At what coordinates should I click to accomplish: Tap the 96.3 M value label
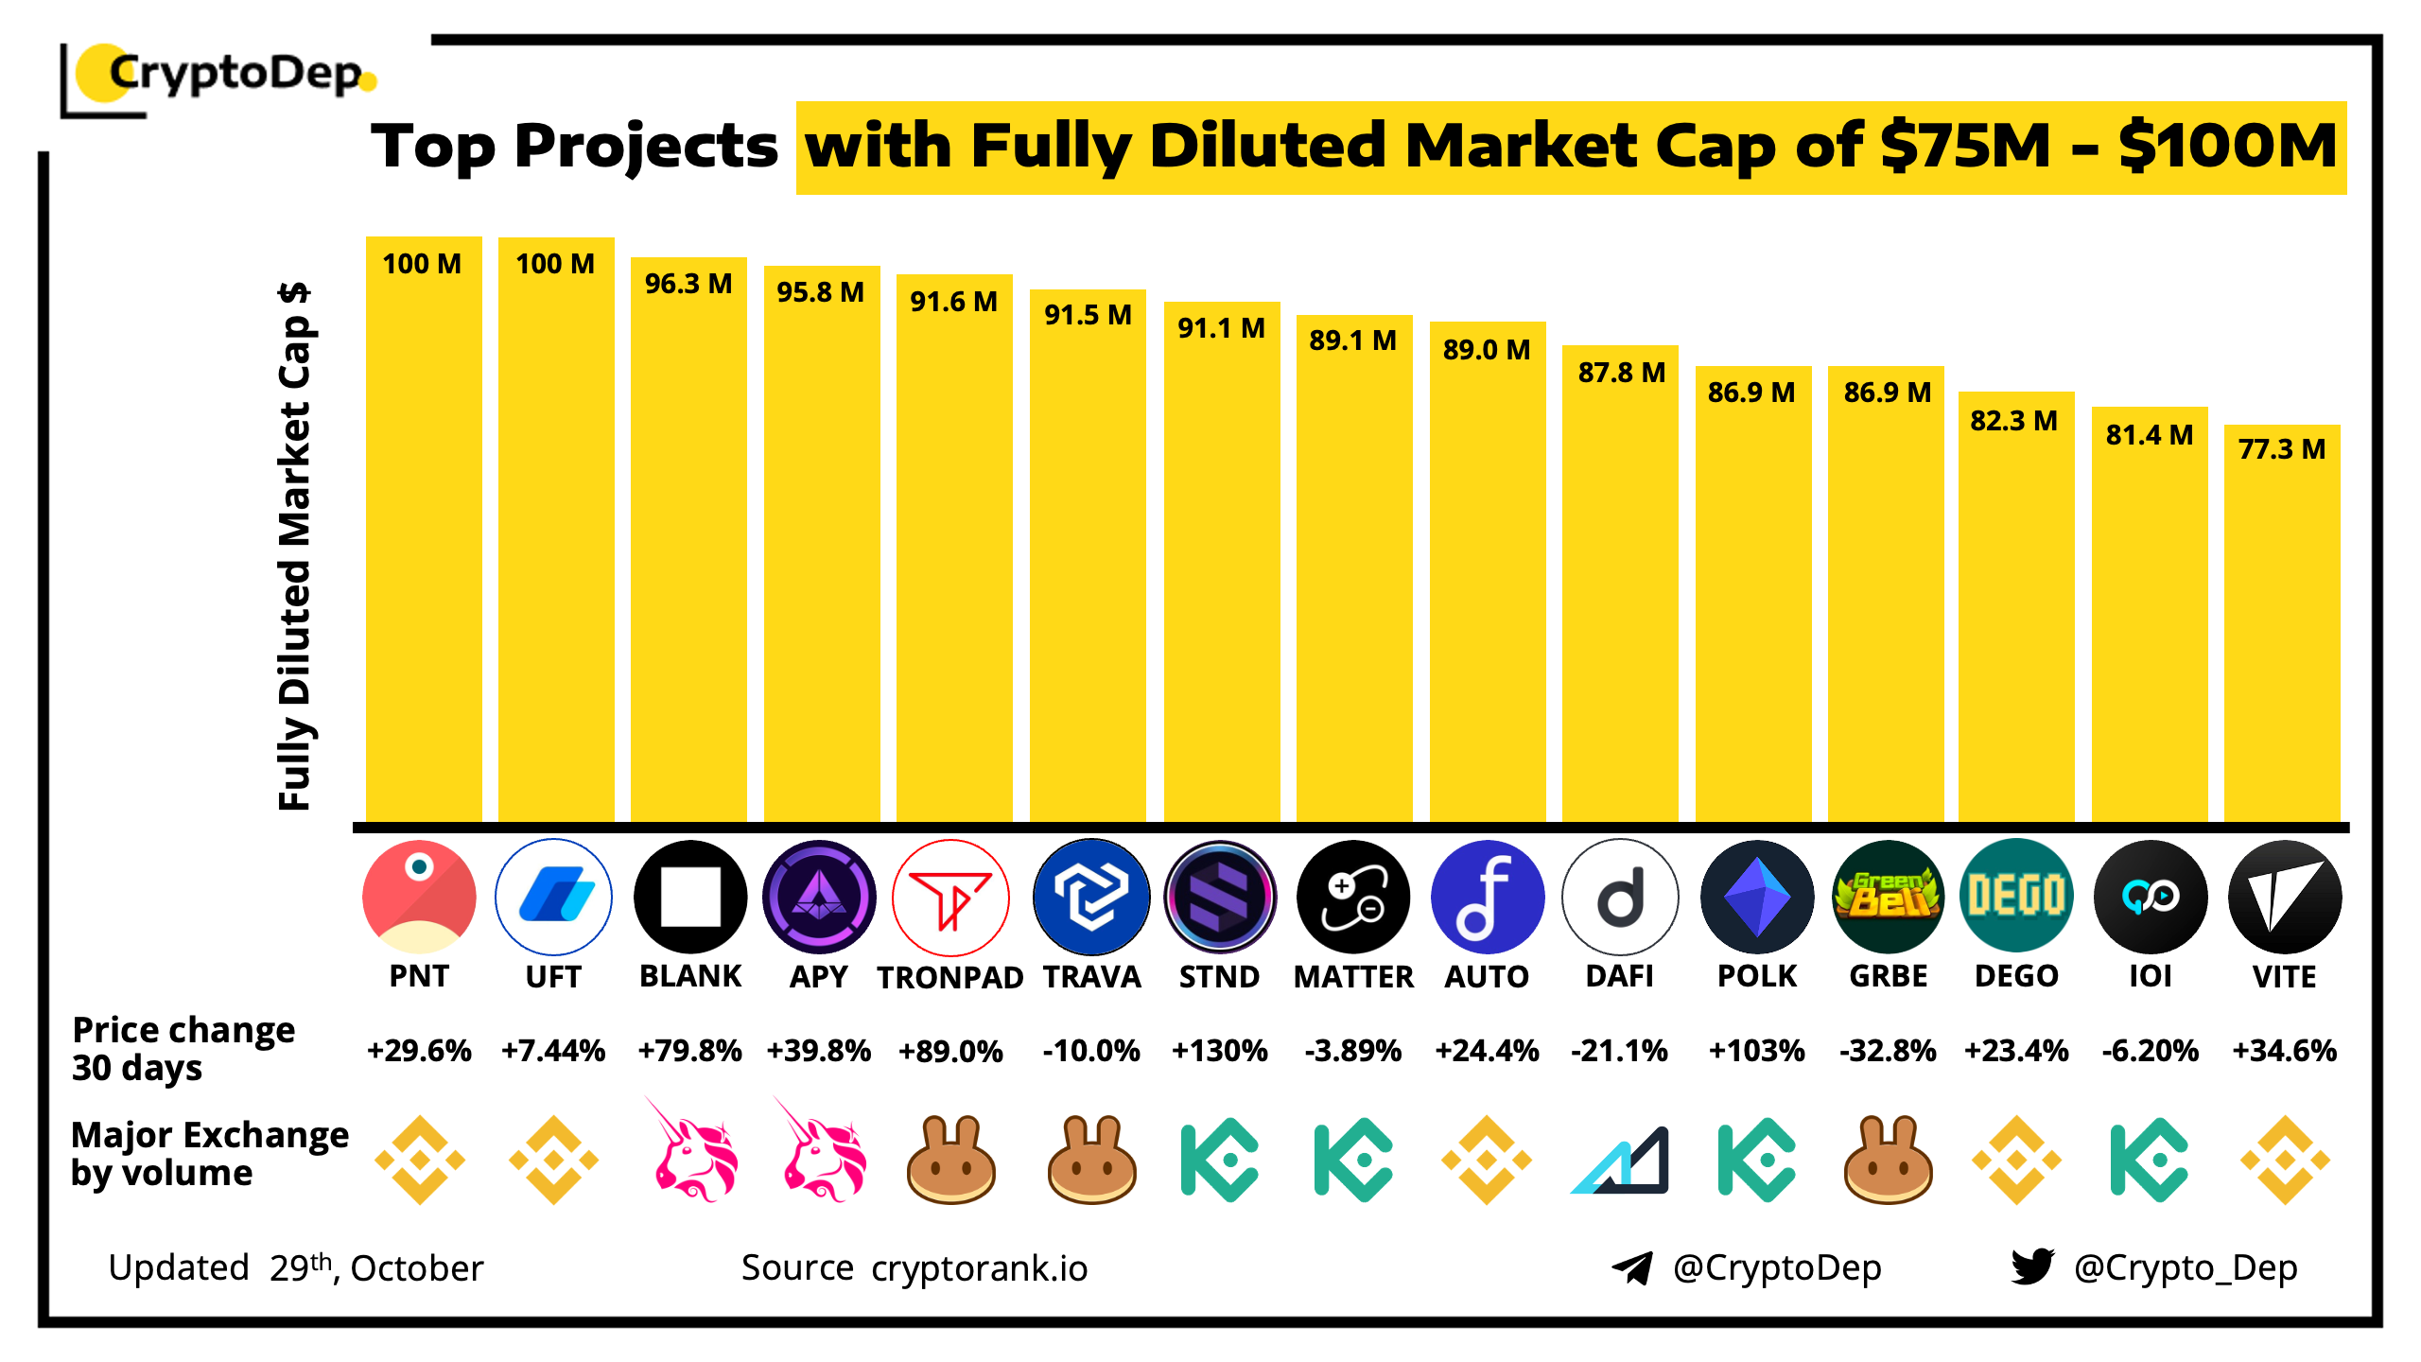click(688, 284)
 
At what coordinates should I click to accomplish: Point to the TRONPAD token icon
click(950, 898)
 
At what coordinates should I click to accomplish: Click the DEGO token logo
click(2016, 897)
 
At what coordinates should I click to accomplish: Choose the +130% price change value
click(1219, 1051)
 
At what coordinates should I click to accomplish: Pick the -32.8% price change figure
click(1888, 1051)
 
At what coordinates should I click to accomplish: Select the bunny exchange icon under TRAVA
click(1091, 1160)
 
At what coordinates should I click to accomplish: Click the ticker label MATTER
click(1353, 977)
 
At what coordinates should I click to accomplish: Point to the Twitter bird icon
click(2032, 1266)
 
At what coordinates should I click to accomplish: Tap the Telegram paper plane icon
click(1632, 1267)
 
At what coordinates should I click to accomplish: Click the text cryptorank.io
click(980, 1268)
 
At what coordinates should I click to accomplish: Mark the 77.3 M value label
click(2281, 449)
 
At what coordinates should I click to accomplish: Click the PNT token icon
click(419, 897)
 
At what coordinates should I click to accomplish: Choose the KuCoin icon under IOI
click(2149, 1160)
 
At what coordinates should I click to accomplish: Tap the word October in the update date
click(417, 1268)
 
